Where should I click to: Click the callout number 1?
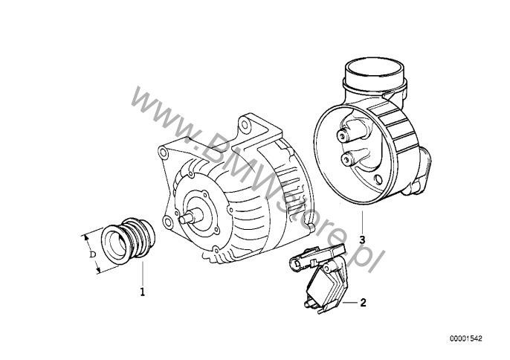(142, 292)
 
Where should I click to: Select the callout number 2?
(363, 303)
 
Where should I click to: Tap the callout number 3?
(362, 240)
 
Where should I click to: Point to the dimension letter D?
(93, 254)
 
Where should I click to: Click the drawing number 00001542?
(466, 338)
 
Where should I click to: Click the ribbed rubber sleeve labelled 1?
(128, 240)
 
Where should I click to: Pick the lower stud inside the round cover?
(346, 159)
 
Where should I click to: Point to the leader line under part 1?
(143, 274)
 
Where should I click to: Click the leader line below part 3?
(362, 223)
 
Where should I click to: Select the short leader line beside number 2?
(350, 303)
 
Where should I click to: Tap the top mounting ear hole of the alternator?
(244, 123)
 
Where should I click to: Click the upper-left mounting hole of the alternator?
(163, 152)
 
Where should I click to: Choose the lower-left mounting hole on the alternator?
(168, 222)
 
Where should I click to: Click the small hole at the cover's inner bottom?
(378, 179)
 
